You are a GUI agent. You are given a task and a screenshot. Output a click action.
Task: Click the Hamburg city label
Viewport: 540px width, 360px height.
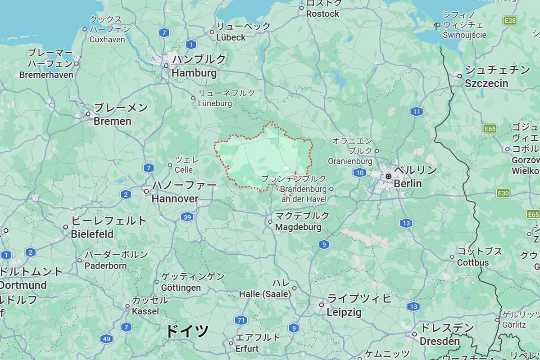click(x=194, y=72)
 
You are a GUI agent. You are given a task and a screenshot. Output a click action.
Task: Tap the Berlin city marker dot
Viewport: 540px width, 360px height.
click(x=388, y=176)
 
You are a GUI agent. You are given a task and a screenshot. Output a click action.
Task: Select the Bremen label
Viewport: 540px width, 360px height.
click(x=113, y=121)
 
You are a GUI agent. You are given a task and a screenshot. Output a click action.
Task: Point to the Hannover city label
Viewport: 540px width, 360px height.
click(x=175, y=198)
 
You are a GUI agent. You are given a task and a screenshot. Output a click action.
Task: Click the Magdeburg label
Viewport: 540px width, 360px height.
click(x=298, y=227)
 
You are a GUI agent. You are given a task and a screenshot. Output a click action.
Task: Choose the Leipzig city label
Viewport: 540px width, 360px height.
click(x=344, y=312)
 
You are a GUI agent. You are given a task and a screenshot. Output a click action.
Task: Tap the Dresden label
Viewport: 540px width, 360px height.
click(x=440, y=341)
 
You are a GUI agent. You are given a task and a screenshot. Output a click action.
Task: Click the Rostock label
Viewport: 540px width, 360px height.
click(x=322, y=14)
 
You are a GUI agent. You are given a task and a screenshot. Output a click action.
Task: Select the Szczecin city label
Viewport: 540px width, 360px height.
click(x=486, y=83)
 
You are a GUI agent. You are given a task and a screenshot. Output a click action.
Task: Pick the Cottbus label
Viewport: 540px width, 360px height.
click(x=473, y=262)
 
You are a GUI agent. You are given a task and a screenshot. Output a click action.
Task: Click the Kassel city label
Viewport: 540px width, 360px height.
click(x=145, y=311)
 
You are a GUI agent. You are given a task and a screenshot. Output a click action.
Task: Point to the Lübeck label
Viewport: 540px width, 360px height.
click(x=231, y=37)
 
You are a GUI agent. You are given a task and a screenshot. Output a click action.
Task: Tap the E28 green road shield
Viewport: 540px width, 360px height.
click(x=510, y=20)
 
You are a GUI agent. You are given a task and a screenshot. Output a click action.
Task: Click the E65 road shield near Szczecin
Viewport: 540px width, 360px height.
click(x=490, y=129)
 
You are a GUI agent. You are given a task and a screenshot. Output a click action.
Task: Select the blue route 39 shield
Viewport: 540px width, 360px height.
click(x=187, y=217)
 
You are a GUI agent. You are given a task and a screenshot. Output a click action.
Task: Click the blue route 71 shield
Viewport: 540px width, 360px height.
click(x=241, y=320)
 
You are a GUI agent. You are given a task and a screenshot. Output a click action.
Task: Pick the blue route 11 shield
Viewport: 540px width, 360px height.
click(x=417, y=112)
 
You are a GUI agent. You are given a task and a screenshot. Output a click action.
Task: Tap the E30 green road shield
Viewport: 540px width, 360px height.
click(x=503, y=193)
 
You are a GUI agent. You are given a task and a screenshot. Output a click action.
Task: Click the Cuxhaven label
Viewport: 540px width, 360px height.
click(x=107, y=39)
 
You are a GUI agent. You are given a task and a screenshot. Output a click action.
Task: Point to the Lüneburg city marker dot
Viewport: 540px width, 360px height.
click(x=193, y=98)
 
